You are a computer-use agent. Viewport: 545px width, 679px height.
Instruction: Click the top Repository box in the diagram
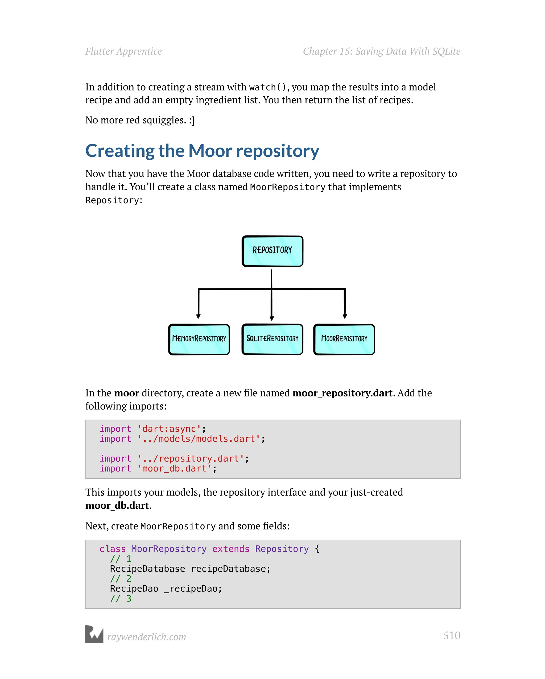[272, 251]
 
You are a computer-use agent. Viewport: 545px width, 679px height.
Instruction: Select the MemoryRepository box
[199, 339]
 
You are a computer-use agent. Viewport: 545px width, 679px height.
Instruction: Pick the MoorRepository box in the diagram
[344, 339]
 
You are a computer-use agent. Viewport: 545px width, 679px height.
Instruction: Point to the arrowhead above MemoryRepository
[198, 316]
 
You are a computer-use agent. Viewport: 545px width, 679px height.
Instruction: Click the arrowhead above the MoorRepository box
[345, 316]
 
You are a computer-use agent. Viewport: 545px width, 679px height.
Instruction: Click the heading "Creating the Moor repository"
[202, 151]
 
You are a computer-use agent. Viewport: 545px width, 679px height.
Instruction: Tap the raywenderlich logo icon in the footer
[94, 634]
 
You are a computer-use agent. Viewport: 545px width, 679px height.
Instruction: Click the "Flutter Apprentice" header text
[123, 51]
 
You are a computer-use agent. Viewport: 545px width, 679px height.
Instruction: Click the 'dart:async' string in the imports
[169, 429]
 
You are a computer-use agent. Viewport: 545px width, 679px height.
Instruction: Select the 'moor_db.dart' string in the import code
[174, 469]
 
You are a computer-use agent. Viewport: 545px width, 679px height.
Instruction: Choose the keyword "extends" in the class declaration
[231, 549]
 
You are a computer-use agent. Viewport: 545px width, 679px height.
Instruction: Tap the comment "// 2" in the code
[120, 579]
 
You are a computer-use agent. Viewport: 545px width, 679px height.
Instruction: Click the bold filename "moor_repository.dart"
[342, 393]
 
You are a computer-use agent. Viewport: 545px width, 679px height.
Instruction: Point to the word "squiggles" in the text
[164, 120]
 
